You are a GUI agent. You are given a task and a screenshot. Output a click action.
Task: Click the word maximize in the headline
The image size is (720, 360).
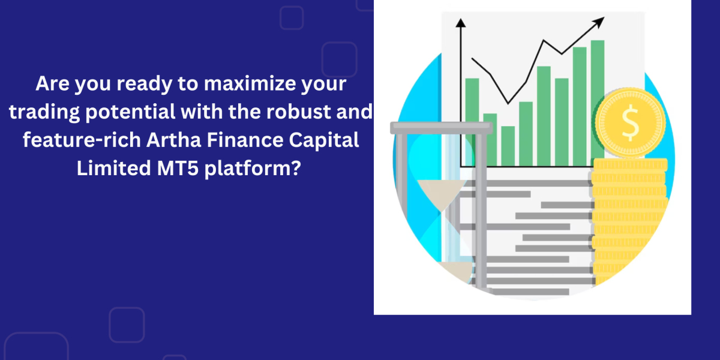(250, 83)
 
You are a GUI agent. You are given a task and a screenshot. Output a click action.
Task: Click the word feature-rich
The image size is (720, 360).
(82, 140)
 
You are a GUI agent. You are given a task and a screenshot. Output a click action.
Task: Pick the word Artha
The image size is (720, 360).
(174, 140)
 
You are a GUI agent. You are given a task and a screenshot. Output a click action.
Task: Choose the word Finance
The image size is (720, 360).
(245, 140)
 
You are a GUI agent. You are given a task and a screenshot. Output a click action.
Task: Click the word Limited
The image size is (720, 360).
(114, 168)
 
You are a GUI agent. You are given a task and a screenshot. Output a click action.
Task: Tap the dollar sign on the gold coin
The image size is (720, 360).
(630, 123)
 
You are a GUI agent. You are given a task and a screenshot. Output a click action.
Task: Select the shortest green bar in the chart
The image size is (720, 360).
(508, 146)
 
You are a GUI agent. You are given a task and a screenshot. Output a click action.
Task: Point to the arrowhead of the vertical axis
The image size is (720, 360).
(461, 23)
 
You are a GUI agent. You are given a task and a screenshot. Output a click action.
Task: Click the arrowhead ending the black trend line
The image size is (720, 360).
(599, 23)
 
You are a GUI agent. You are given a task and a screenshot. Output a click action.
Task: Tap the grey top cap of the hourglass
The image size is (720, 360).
(442, 128)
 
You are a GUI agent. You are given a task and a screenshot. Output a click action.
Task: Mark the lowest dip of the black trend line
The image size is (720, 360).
(508, 103)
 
